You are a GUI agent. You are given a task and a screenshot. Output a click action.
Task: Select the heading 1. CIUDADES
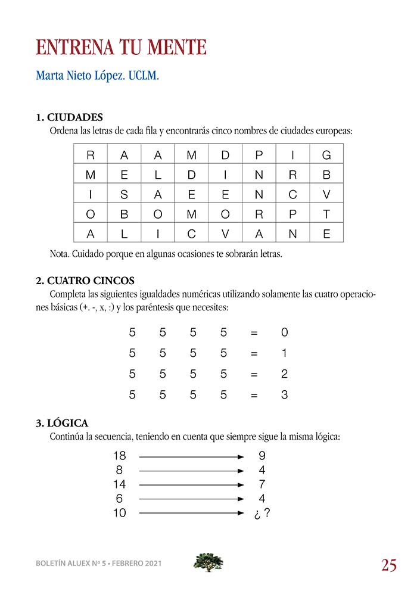pyautogui.click(x=69, y=117)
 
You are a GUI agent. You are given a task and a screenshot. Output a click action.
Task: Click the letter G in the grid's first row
pyautogui.click(x=326, y=155)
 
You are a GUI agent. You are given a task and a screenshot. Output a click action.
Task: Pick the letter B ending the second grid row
pyautogui.click(x=326, y=175)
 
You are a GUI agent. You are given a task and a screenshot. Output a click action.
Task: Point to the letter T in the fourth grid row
pyautogui.click(x=326, y=214)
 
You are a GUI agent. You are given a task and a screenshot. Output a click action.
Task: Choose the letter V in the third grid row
pyautogui.click(x=326, y=195)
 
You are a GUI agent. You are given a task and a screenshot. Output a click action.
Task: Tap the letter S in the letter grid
pyautogui.click(x=124, y=195)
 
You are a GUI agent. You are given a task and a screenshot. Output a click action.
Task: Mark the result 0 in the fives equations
pyautogui.click(x=284, y=332)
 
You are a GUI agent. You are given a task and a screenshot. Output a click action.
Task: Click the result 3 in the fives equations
pyautogui.click(x=284, y=394)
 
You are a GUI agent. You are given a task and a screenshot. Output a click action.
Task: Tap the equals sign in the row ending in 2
pyautogui.click(x=254, y=374)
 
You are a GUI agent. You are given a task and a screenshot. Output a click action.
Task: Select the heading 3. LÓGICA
pyautogui.click(x=62, y=423)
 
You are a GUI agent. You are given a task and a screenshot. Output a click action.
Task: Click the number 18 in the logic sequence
pyautogui.click(x=119, y=456)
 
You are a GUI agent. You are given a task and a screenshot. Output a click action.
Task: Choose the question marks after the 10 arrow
pyautogui.click(x=262, y=512)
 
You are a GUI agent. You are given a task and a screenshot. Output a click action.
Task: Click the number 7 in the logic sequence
pyautogui.click(x=262, y=484)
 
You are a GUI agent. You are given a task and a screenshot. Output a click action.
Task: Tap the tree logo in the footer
pyautogui.click(x=208, y=562)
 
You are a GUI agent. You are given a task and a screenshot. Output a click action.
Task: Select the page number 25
pyautogui.click(x=389, y=565)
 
